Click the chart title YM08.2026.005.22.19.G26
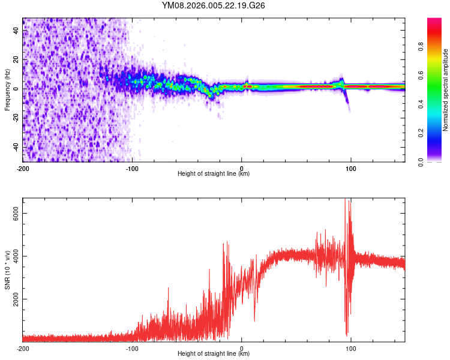tap(214, 6)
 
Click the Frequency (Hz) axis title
tap(7, 90)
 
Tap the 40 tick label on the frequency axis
tap(17, 31)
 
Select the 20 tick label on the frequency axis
tap(17, 60)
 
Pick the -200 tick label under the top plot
tap(23, 167)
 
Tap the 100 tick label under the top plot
tap(350, 167)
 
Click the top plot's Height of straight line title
tap(214, 174)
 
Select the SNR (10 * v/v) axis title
tap(7, 269)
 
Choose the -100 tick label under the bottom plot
tap(132, 347)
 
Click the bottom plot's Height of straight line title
tap(214, 354)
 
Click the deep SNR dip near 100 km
tap(347, 333)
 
